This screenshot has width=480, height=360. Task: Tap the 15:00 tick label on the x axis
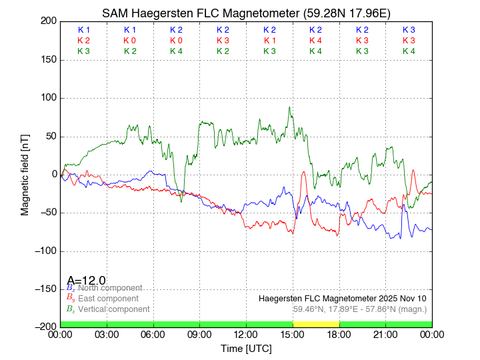[x=293, y=335]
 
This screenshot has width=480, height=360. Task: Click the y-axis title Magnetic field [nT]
[x=25, y=173]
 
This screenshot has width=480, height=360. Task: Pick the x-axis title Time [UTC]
[x=246, y=348]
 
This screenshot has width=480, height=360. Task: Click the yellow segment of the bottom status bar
[x=316, y=324]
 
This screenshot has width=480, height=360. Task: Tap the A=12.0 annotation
[x=86, y=281]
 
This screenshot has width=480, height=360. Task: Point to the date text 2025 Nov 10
[x=403, y=298]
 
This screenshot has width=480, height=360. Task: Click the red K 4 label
[x=315, y=41]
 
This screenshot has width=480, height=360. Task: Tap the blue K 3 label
[x=409, y=30]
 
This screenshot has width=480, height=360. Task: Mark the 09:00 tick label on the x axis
[x=200, y=335]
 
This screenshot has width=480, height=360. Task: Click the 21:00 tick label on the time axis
[x=385, y=335]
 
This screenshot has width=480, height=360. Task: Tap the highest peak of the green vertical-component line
[x=289, y=107]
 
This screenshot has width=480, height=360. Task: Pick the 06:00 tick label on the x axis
[x=153, y=335]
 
